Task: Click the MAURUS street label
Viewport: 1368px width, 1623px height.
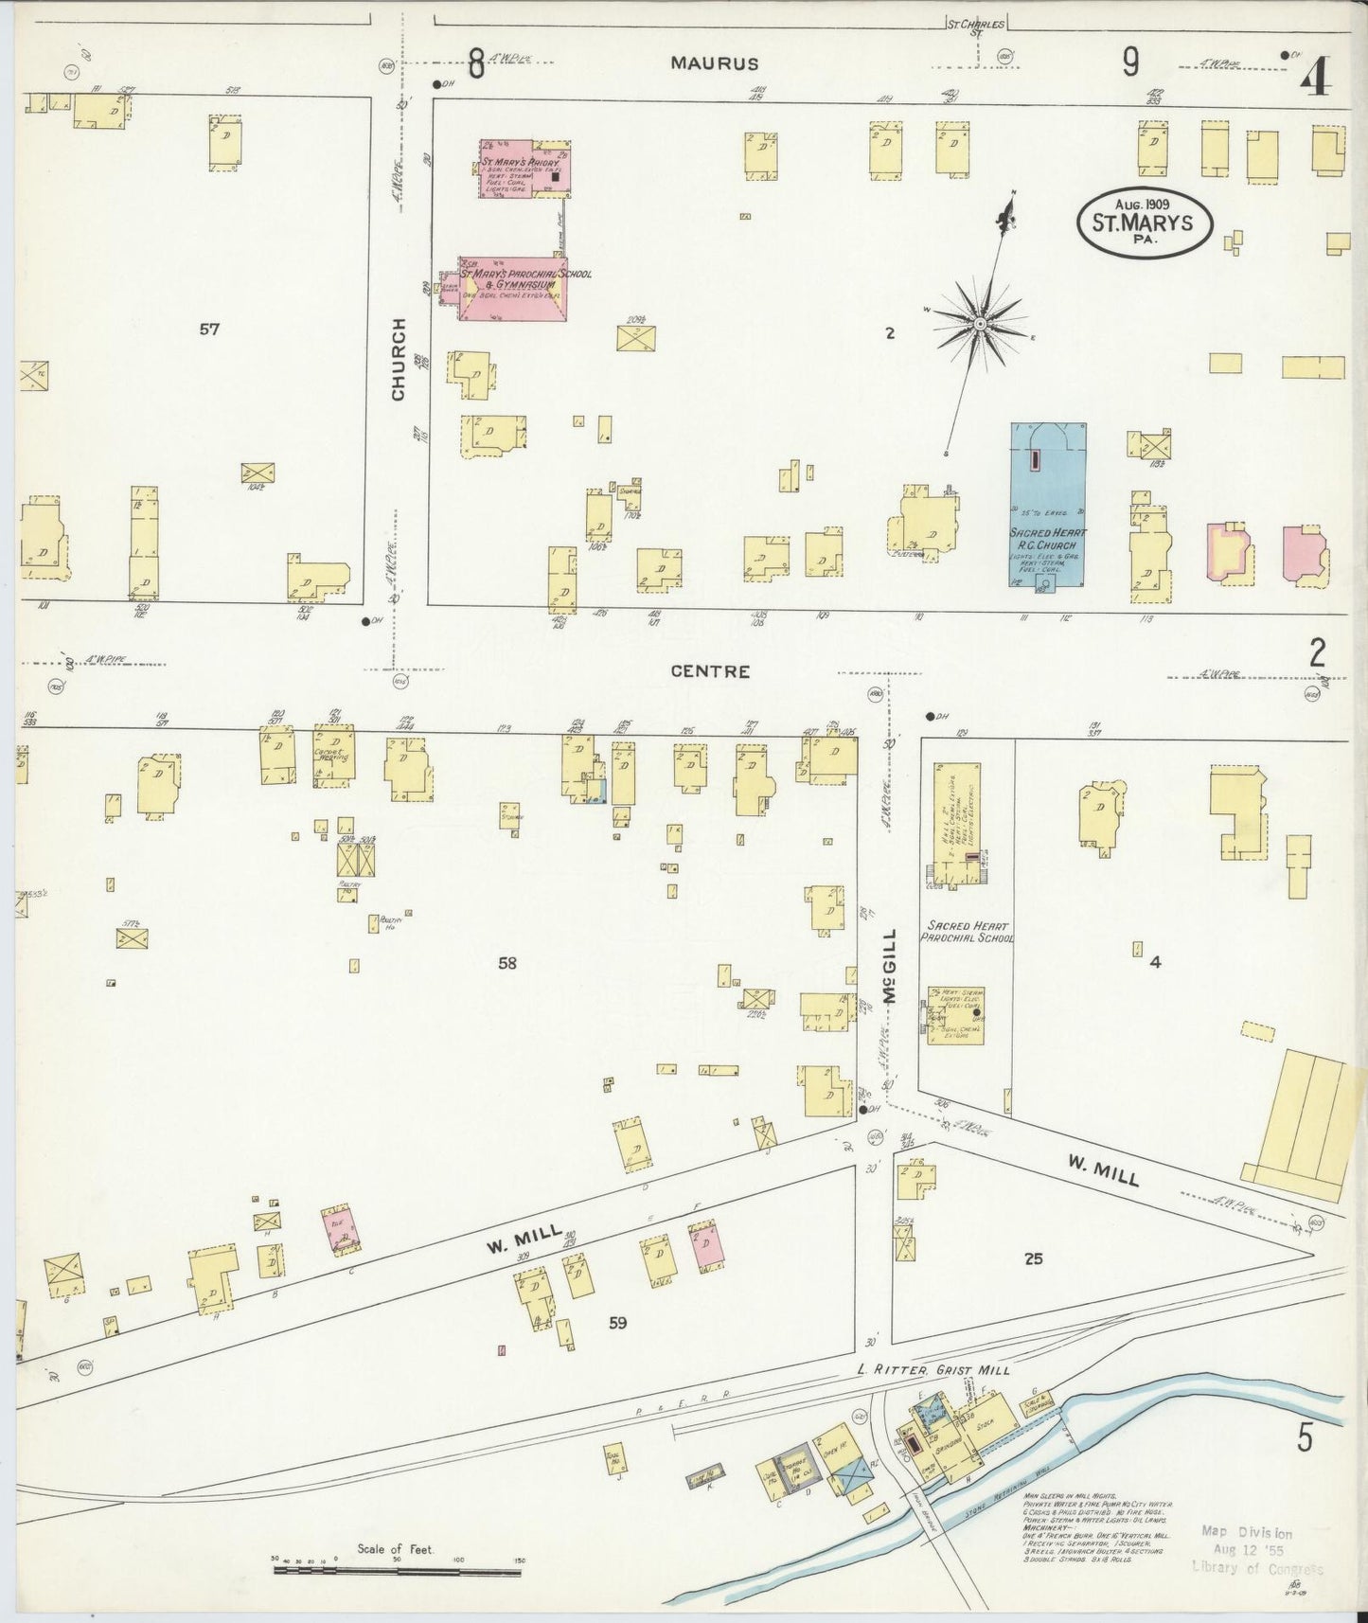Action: click(715, 63)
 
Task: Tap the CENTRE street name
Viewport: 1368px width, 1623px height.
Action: click(710, 671)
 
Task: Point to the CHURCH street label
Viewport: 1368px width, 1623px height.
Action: click(398, 359)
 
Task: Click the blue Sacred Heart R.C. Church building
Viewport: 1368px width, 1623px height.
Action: click(1047, 504)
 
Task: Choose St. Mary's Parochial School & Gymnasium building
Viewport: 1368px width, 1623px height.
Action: click(512, 288)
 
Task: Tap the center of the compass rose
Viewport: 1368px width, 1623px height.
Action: click(980, 325)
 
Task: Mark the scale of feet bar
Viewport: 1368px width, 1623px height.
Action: click(397, 1571)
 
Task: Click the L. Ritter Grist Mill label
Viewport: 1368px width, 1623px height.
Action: click(933, 1369)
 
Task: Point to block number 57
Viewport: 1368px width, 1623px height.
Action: click(209, 330)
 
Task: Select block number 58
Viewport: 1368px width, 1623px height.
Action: click(507, 963)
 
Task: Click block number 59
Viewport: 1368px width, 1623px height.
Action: click(617, 1323)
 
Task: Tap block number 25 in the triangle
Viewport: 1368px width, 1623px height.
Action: click(1033, 1258)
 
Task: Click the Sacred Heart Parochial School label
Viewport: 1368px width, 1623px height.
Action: click(967, 932)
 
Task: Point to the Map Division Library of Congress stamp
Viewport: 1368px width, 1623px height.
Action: click(1259, 1551)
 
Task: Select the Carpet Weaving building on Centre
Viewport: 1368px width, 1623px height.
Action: click(333, 754)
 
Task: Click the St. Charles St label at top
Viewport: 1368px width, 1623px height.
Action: click(976, 24)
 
